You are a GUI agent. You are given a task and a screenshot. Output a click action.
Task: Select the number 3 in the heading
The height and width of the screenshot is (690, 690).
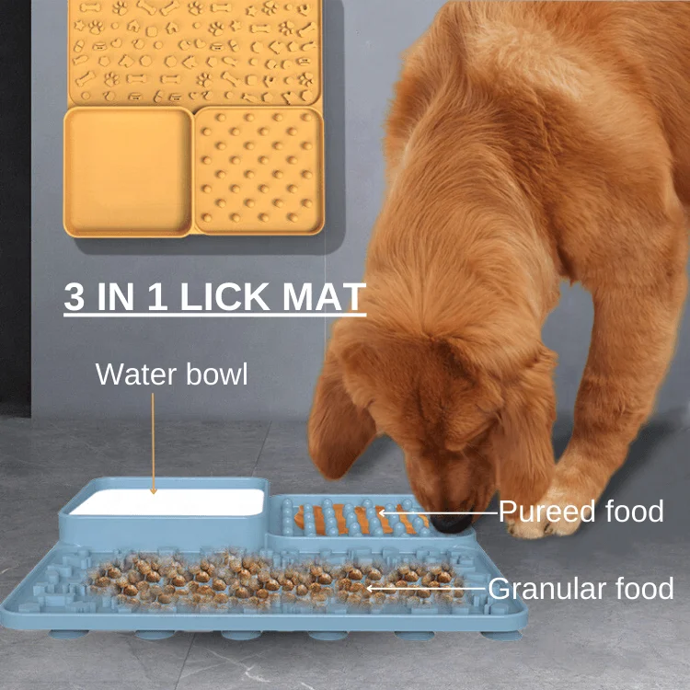pyautogui.click(x=75, y=296)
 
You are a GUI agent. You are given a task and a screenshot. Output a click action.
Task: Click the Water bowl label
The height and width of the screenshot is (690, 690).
pyautogui.click(x=171, y=374)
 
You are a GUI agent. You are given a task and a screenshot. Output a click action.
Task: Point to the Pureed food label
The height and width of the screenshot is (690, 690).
pyautogui.click(x=581, y=512)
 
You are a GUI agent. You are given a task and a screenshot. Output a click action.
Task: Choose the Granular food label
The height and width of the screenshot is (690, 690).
pyautogui.click(x=581, y=588)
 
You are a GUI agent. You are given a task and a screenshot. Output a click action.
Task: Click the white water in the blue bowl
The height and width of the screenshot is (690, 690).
pyautogui.click(x=166, y=502)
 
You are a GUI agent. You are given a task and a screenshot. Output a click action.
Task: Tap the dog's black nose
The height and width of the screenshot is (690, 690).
pyautogui.click(x=452, y=523)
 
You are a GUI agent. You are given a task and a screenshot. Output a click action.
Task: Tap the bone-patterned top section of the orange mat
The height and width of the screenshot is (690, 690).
pyautogui.click(x=195, y=51)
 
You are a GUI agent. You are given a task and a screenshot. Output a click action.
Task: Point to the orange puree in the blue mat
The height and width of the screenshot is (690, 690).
pyautogui.click(x=359, y=520)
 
